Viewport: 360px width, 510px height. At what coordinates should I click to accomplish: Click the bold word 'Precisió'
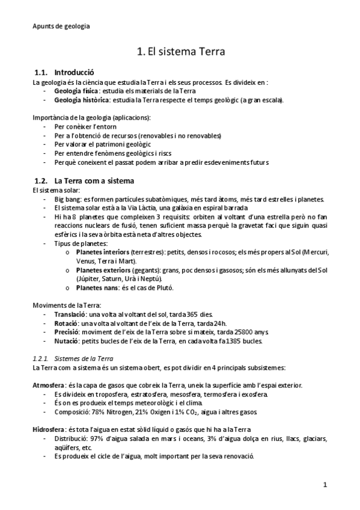pos(67,332)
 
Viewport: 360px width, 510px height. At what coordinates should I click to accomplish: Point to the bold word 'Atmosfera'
pos(49,385)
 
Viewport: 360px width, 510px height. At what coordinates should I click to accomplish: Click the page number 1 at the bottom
pos(325,485)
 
